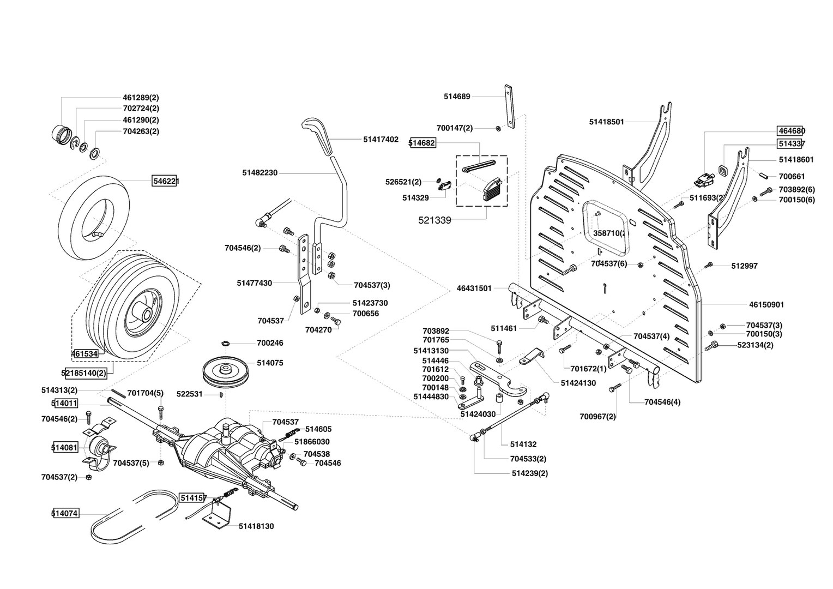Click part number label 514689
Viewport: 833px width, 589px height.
coord(457,97)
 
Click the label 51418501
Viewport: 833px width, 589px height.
coord(606,122)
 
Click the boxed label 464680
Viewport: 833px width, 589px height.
coord(791,131)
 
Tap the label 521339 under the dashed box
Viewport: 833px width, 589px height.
coord(434,220)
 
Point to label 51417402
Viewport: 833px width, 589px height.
coord(381,140)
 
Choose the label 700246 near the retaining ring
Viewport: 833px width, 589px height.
coord(270,343)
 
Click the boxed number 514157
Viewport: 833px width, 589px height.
coord(193,498)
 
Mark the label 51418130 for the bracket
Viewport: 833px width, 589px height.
coord(256,526)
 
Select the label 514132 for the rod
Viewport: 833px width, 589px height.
coord(523,444)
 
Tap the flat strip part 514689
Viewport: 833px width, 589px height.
coord(509,106)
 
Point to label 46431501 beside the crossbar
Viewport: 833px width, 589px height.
coord(474,288)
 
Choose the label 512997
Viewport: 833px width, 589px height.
coord(744,266)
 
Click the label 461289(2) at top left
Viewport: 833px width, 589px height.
coord(141,98)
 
